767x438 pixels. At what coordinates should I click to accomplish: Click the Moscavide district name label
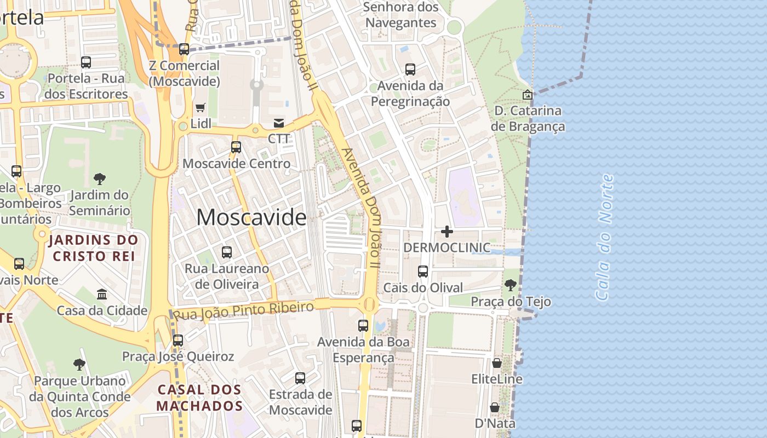click(251, 217)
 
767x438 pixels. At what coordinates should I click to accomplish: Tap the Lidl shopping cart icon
click(201, 107)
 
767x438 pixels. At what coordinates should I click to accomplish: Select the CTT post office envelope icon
click(279, 123)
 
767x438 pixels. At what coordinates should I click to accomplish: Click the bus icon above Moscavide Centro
click(236, 147)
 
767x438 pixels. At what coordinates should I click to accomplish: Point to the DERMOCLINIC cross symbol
click(447, 232)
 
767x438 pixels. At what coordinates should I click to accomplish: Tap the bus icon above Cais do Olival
click(422, 271)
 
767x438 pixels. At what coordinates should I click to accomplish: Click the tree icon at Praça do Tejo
click(510, 285)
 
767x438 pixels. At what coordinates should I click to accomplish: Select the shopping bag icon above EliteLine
click(496, 362)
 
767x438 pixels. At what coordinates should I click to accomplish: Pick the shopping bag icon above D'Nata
click(494, 407)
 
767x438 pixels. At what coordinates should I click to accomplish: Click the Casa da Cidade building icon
click(102, 294)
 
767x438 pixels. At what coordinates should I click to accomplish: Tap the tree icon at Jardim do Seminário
click(99, 178)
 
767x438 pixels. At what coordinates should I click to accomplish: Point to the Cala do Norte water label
click(604, 237)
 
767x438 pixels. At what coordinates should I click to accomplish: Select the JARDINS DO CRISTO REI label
click(93, 248)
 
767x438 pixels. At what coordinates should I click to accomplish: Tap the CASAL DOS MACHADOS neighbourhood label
click(199, 398)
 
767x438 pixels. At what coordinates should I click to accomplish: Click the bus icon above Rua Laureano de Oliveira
click(227, 252)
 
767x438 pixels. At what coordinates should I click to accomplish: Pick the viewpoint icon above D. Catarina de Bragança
click(527, 95)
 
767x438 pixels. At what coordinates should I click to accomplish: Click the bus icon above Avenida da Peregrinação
click(410, 70)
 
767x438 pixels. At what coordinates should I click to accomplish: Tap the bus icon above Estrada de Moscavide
click(300, 378)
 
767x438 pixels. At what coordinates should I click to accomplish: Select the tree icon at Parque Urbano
click(79, 364)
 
